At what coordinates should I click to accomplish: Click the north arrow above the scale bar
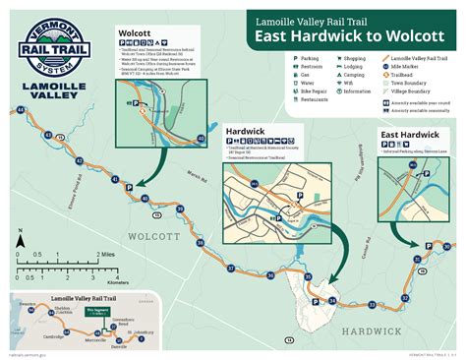[18, 236]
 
